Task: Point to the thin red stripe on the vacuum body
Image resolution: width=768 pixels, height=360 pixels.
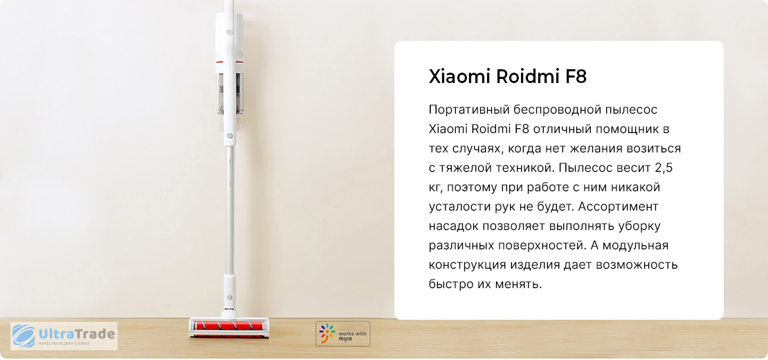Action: point(229,63)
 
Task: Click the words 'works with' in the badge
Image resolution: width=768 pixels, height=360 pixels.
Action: point(353,332)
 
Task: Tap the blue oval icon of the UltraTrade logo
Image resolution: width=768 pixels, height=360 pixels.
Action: point(24,336)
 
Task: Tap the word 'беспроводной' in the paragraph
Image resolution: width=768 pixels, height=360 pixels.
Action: point(550,109)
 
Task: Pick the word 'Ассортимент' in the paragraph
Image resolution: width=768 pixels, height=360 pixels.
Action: point(618,207)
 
